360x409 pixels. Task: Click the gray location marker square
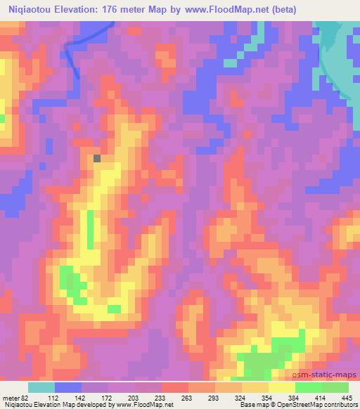[x=96, y=158]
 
